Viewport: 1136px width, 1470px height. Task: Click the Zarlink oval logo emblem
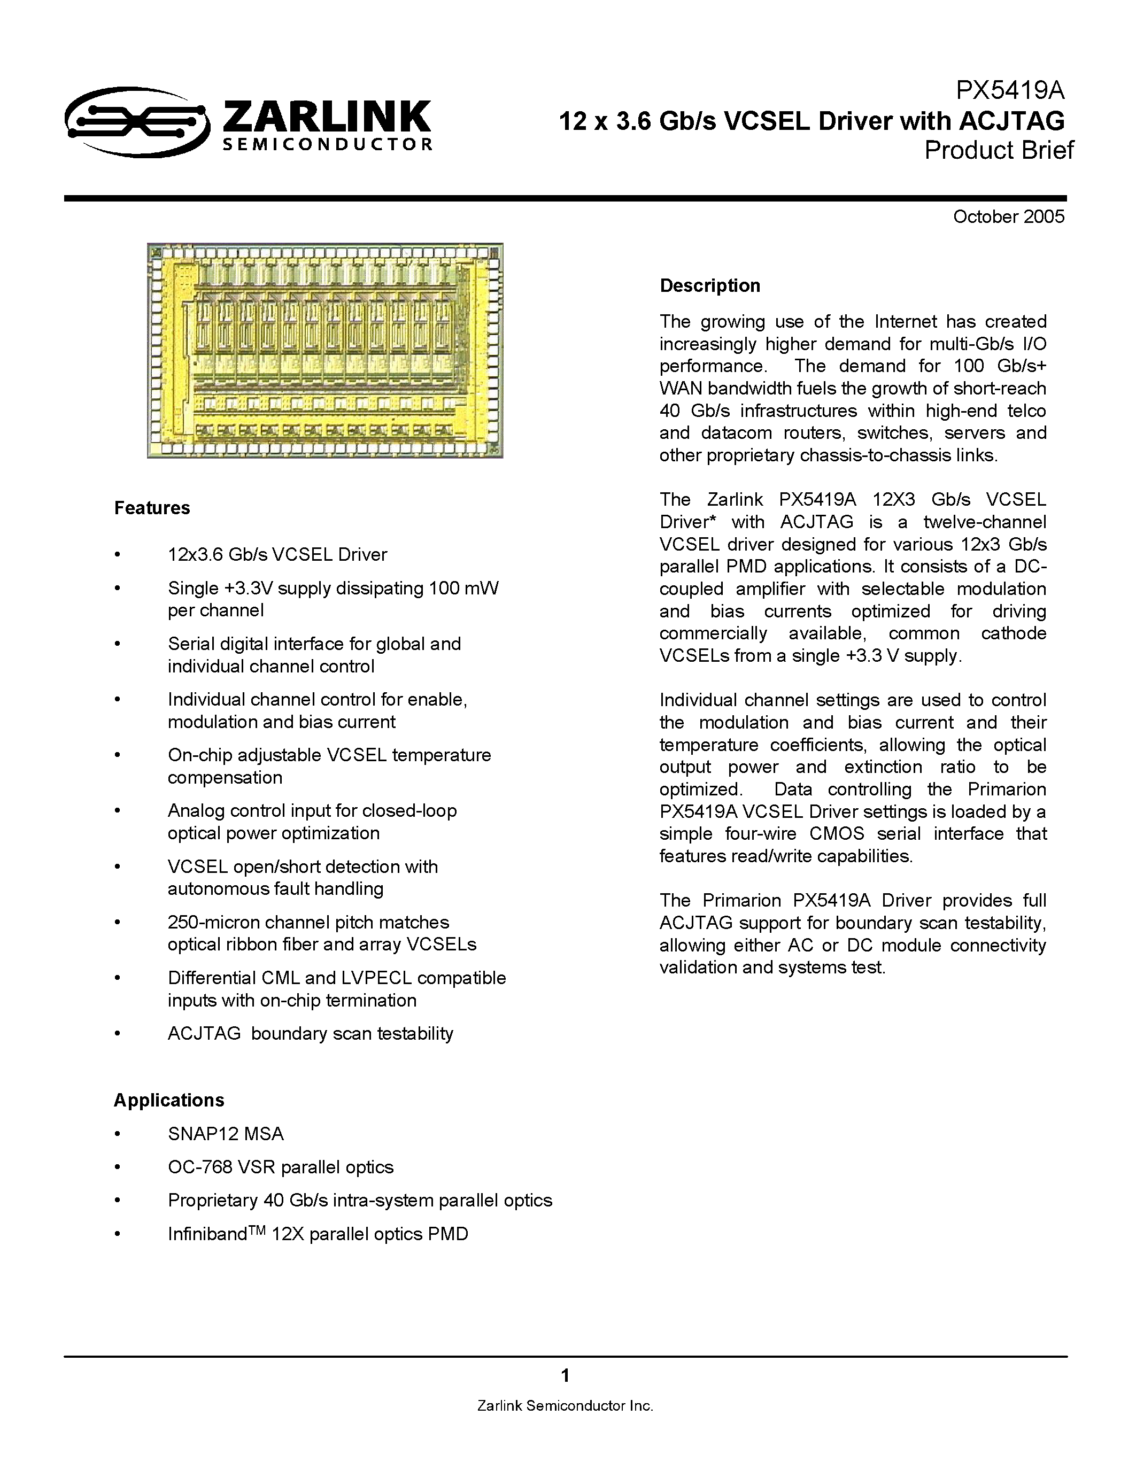tap(137, 122)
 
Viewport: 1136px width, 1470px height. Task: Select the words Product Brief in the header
tap(999, 150)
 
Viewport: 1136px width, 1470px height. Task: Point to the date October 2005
tap(1008, 216)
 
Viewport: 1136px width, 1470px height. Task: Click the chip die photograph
tap(325, 351)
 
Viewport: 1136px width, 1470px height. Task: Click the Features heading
tap(152, 507)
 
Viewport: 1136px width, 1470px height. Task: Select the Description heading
tap(709, 285)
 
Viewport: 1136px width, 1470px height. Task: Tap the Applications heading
tap(169, 1100)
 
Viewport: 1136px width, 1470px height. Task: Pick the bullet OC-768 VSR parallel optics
tap(280, 1167)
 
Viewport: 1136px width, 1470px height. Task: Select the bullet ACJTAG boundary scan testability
tap(310, 1033)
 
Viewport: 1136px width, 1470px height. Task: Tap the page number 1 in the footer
tap(565, 1375)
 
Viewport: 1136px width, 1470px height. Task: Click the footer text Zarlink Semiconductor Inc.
tap(565, 1405)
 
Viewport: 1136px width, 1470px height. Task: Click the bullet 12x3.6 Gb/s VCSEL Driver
tap(277, 555)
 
